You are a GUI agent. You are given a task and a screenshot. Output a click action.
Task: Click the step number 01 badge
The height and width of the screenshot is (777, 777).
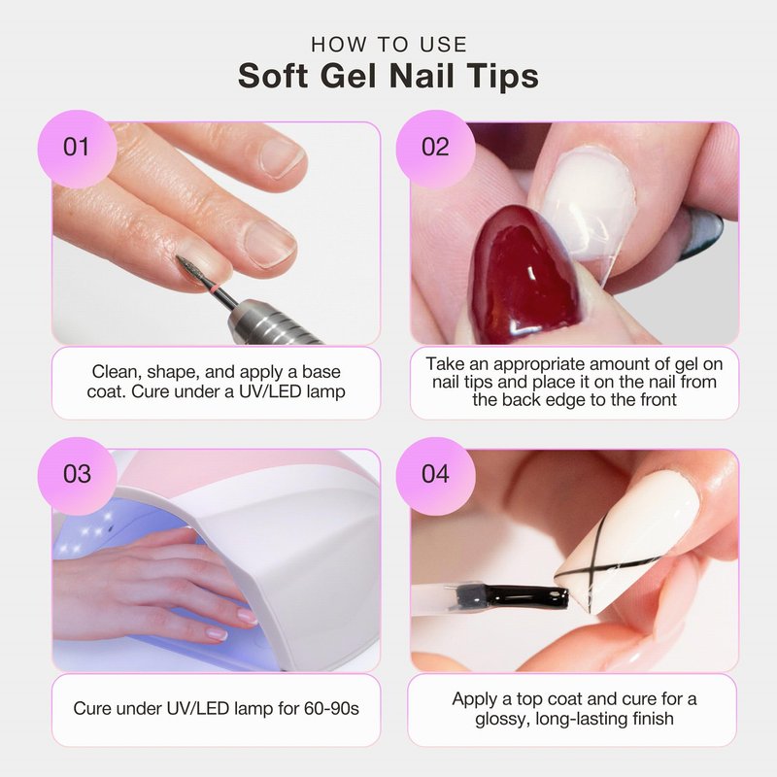pos(78,149)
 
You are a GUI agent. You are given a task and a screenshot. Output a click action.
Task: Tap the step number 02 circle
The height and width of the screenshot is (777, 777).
pos(435,149)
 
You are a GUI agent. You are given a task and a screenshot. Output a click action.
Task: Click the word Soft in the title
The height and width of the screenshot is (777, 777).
pos(273,77)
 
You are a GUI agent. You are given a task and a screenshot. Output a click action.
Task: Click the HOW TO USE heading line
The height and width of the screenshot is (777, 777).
pos(389,45)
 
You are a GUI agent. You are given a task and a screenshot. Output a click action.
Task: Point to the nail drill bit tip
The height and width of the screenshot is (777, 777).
pos(179,257)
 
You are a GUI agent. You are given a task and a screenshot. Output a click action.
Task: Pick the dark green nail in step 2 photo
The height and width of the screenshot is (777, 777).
pos(702,233)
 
